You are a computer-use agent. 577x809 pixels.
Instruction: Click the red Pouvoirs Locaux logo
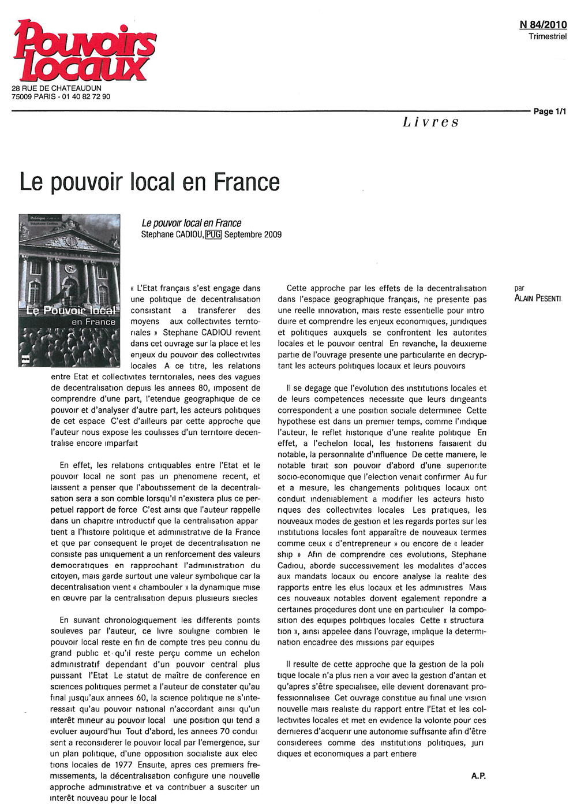click(x=85, y=51)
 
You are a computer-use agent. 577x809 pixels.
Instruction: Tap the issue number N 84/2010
click(x=543, y=25)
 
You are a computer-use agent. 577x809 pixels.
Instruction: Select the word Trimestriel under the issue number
click(x=548, y=37)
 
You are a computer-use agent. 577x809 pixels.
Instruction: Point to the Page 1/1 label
click(x=549, y=111)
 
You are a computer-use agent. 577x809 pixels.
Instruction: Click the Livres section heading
click(x=430, y=122)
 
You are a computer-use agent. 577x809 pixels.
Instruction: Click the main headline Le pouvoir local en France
click(x=149, y=182)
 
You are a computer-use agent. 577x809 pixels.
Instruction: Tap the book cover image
click(x=69, y=290)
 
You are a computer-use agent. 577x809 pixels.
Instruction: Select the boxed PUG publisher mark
click(x=213, y=234)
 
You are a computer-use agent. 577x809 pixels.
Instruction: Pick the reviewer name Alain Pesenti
click(x=537, y=299)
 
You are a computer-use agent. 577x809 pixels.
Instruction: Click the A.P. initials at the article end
click(x=478, y=776)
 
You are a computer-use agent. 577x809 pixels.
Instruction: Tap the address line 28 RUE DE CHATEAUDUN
click(x=57, y=88)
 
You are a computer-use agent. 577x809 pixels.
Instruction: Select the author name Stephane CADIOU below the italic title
click(x=172, y=234)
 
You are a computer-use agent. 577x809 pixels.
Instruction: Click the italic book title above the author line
click(x=191, y=223)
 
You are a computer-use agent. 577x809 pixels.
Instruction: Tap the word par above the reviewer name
click(x=519, y=288)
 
